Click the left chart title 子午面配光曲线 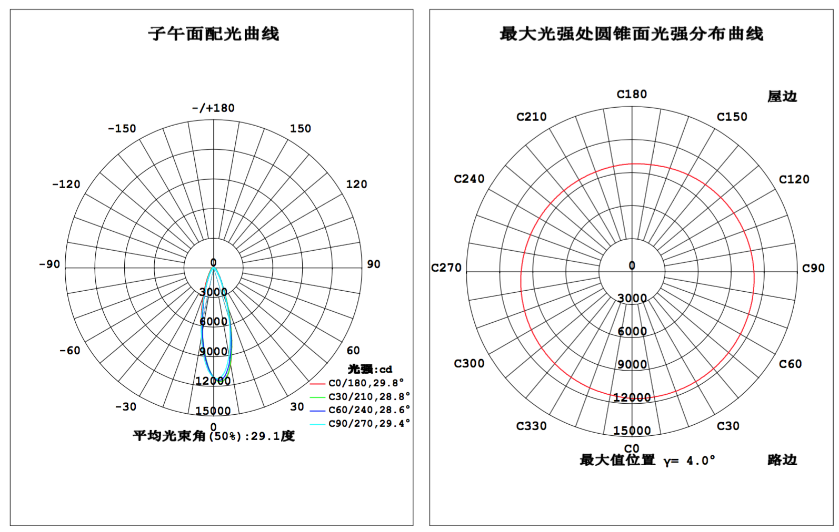click(x=214, y=34)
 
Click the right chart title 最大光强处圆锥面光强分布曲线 click(x=632, y=34)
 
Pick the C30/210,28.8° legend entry click(x=360, y=396)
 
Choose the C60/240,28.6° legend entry click(x=360, y=410)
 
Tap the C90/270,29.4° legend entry click(x=360, y=424)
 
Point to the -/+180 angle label click(x=213, y=108)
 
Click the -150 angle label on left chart click(x=122, y=129)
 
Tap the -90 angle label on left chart click(x=49, y=264)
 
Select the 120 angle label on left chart click(x=356, y=184)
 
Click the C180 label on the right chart click(x=632, y=94)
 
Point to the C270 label click(x=446, y=268)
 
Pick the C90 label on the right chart click(x=813, y=268)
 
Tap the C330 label click(x=531, y=426)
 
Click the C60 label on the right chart click(x=790, y=364)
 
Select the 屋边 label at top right click(x=782, y=97)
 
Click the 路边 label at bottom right click(x=782, y=460)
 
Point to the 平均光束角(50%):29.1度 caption click(x=214, y=436)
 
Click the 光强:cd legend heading click(x=370, y=369)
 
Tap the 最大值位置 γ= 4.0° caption click(x=647, y=460)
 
